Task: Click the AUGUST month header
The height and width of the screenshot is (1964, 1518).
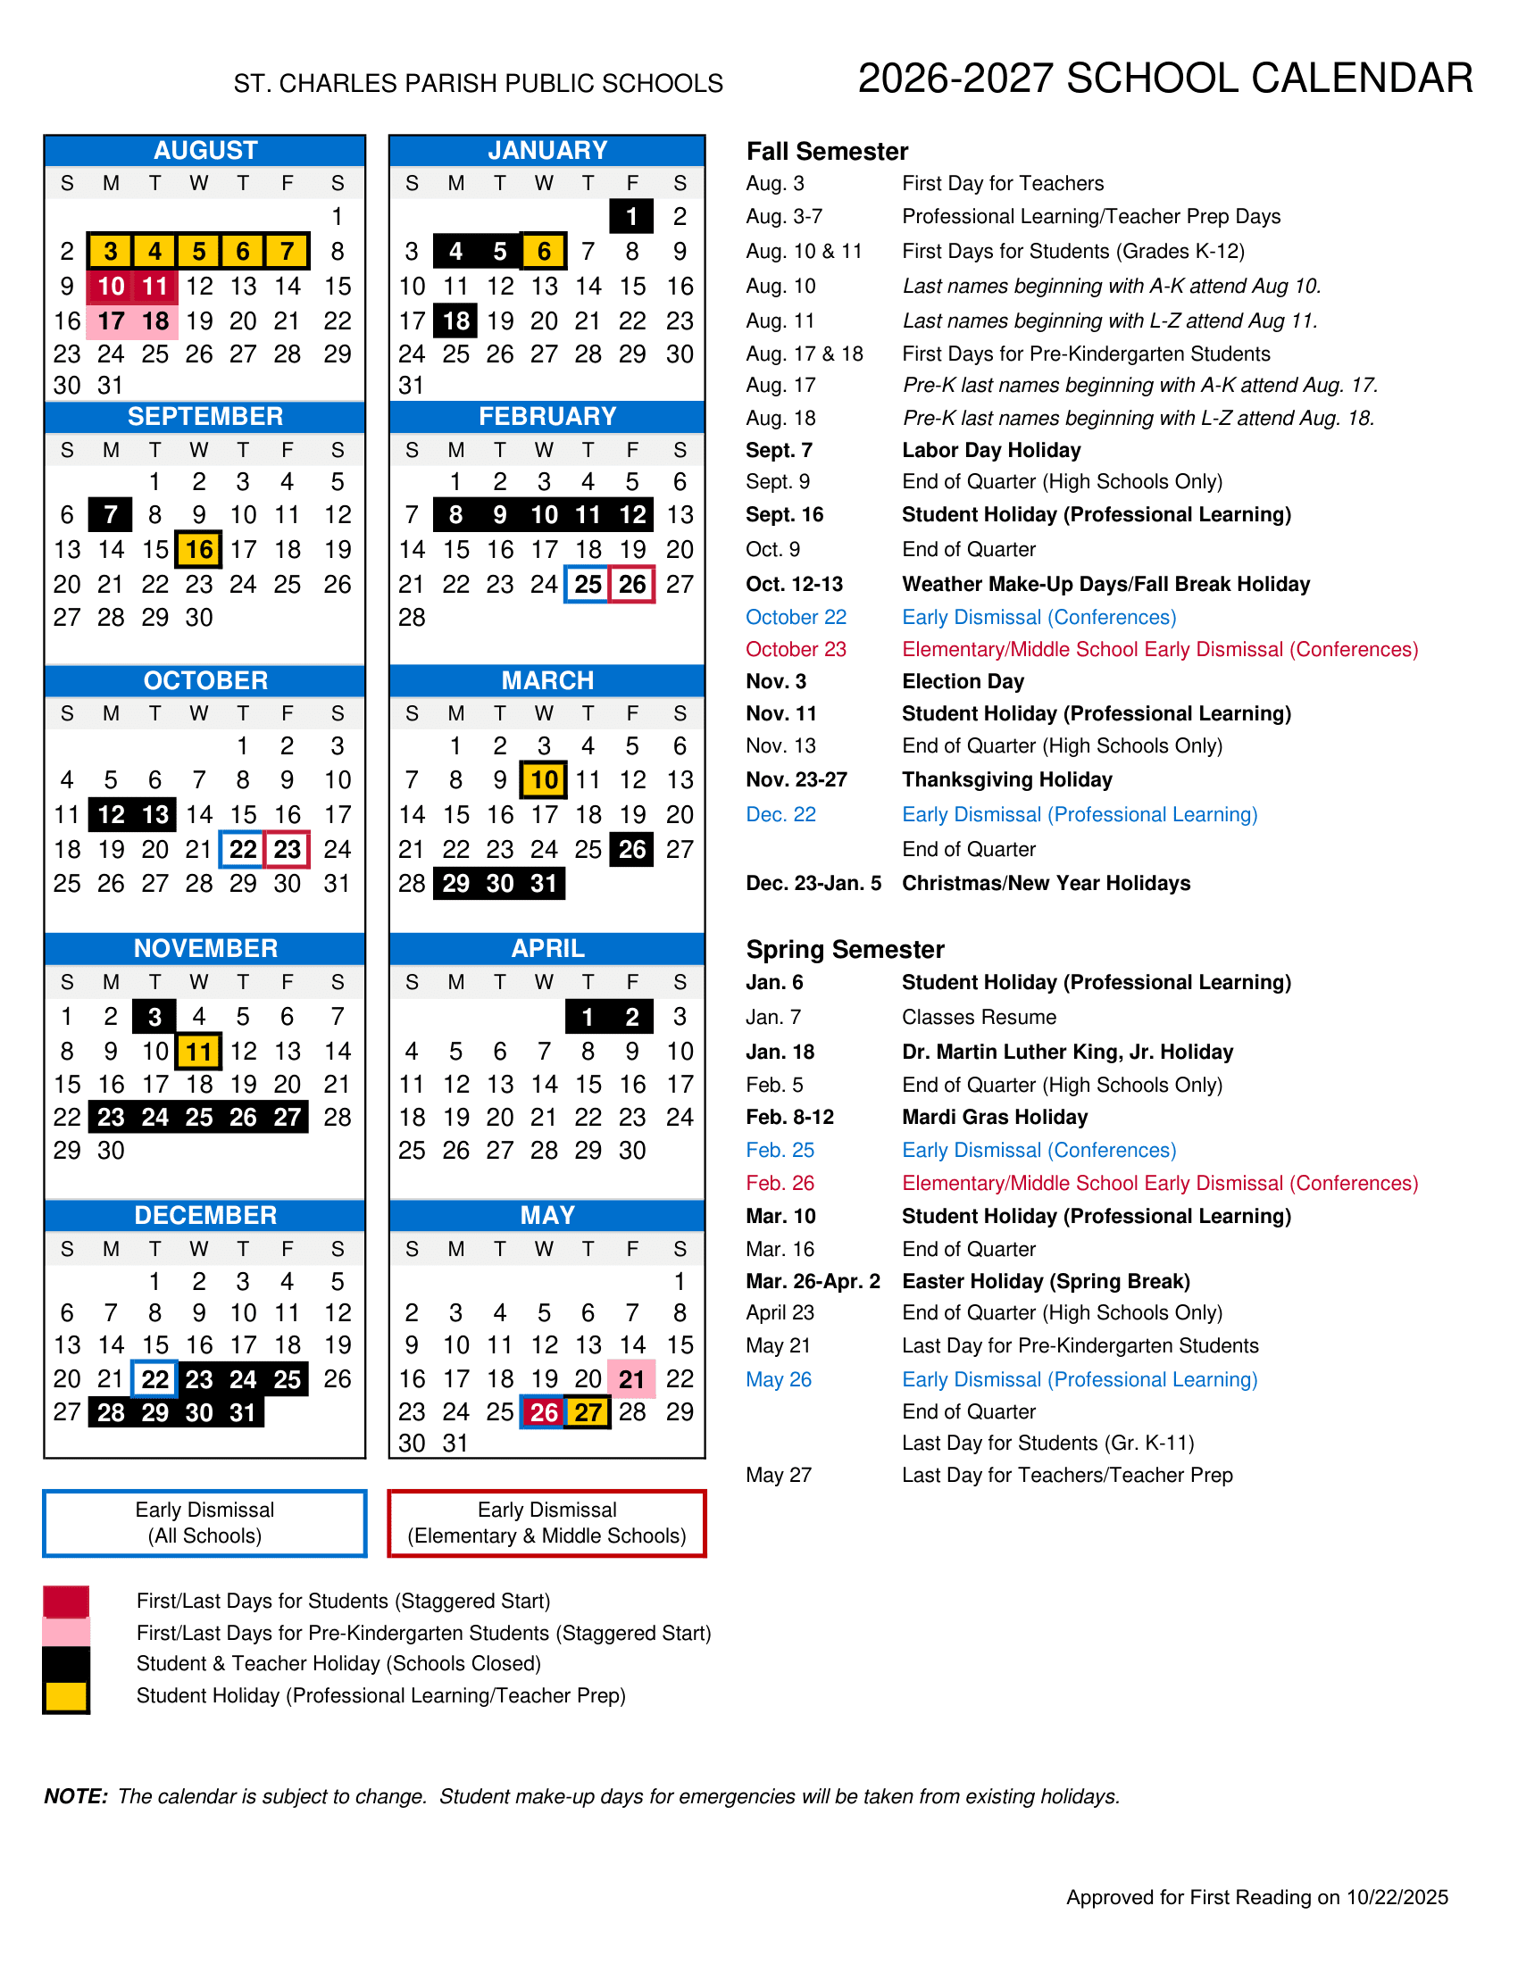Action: [x=205, y=150]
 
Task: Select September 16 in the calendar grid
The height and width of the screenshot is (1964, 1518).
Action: [x=199, y=549]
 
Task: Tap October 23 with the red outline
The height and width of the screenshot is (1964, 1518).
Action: [x=287, y=849]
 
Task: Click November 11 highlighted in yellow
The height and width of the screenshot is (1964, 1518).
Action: [x=199, y=1052]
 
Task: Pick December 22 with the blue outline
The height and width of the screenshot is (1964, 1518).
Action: [x=154, y=1378]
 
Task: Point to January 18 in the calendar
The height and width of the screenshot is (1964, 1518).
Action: [x=456, y=321]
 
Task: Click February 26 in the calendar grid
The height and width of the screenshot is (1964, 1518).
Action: [x=632, y=585]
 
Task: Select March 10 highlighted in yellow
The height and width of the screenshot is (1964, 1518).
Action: [x=544, y=779]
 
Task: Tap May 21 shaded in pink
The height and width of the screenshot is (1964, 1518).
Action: [x=632, y=1378]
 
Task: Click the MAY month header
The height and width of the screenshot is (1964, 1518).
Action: [x=546, y=1215]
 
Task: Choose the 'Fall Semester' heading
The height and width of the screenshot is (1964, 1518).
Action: [x=827, y=151]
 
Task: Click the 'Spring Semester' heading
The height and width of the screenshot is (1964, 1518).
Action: [x=845, y=950]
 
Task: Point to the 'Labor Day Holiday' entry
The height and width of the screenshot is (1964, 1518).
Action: [x=991, y=451]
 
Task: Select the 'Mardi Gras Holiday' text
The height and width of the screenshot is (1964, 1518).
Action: [x=995, y=1117]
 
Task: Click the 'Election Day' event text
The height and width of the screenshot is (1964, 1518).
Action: [x=963, y=682]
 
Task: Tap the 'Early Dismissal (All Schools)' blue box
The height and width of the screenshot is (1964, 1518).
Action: [x=205, y=1522]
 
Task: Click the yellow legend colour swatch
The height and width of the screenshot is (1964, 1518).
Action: [x=67, y=1696]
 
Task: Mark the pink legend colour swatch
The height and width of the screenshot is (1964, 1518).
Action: [x=67, y=1631]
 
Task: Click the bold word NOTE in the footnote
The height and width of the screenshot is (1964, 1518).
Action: [x=76, y=1796]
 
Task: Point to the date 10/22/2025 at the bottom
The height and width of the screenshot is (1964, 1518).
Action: [x=1397, y=1896]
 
